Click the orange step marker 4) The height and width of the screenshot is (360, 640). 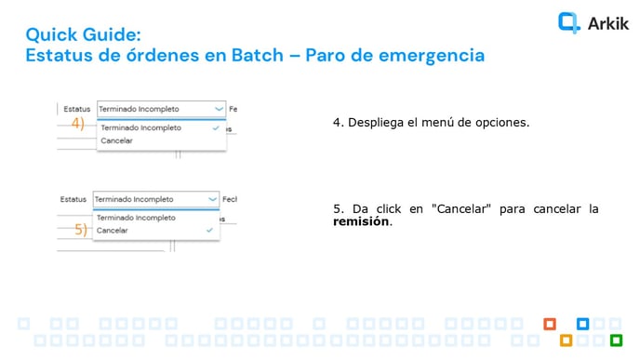78,123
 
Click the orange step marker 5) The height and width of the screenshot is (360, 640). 81,230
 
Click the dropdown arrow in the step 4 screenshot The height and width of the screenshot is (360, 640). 219,109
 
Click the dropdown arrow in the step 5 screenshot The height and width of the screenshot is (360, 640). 212,199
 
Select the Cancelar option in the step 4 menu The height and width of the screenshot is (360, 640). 116,140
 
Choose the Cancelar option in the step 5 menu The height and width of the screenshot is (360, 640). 113,229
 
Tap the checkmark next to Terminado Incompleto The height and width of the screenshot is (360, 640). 216,127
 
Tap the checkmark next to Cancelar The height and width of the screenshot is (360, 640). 209,229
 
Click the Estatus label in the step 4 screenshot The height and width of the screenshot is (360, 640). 77,109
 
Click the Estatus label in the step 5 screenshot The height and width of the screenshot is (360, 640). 73,199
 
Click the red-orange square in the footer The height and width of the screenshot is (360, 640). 550,324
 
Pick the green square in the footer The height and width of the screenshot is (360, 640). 615,340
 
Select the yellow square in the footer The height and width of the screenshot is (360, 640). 566,340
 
